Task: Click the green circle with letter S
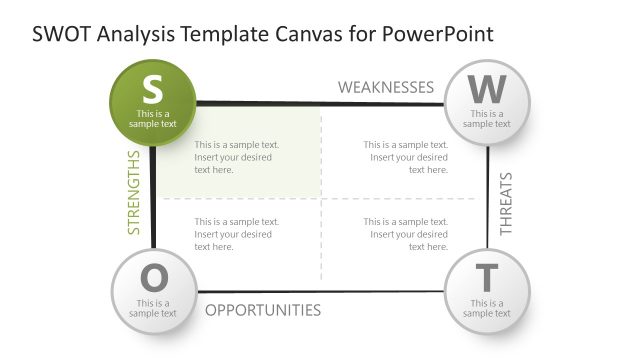tap(152, 100)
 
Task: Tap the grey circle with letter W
tap(487, 100)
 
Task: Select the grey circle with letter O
tap(152, 290)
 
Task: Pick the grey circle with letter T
tap(487, 290)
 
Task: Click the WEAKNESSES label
tap(385, 87)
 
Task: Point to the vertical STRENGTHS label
tap(134, 193)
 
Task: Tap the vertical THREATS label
tap(505, 204)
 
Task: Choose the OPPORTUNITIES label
tap(263, 310)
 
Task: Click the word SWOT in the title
tap(62, 34)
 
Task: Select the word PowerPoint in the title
tap(439, 34)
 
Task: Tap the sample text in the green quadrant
tap(236, 157)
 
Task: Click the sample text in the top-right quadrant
tap(405, 157)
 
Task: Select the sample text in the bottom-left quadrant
tap(236, 234)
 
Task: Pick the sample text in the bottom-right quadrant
tap(405, 234)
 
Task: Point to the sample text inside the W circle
tap(487, 119)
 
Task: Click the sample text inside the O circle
tap(152, 308)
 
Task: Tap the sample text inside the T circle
tap(487, 308)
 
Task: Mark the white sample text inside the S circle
tap(152, 119)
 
